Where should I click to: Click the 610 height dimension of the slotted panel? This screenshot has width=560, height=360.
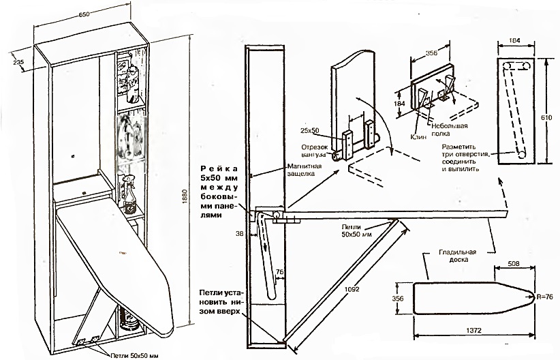pyautogui.click(x=550, y=117)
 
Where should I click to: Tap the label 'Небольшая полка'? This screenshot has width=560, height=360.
pyautogui.click(x=452, y=130)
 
